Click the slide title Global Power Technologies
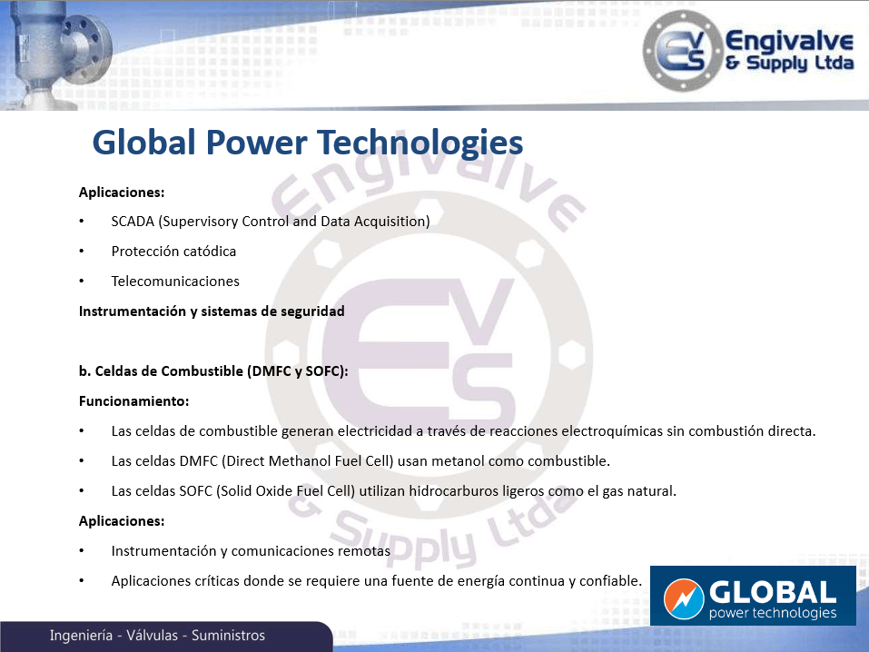tap(308, 143)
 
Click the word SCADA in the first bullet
tap(133, 222)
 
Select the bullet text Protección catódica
tap(173, 252)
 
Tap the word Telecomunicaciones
tap(175, 282)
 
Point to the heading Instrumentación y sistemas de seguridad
tap(212, 311)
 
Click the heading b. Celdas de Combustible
tap(213, 370)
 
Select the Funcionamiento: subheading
tap(133, 400)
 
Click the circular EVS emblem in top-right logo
tap(682, 51)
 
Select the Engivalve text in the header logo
tap(789, 41)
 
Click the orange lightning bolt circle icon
tap(684, 598)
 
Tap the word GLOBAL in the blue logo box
tap(773, 592)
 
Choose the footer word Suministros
tap(228, 636)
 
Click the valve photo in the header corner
tap(55, 54)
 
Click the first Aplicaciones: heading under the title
tap(122, 193)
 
